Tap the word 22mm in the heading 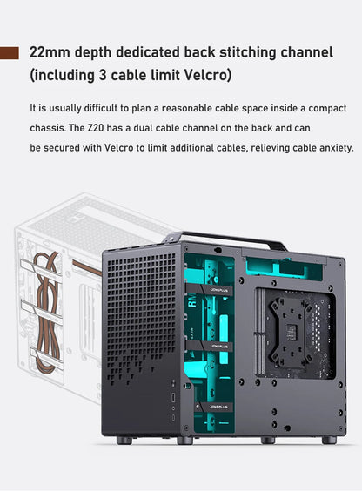click(x=51, y=52)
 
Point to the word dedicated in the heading click(x=151, y=52)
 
